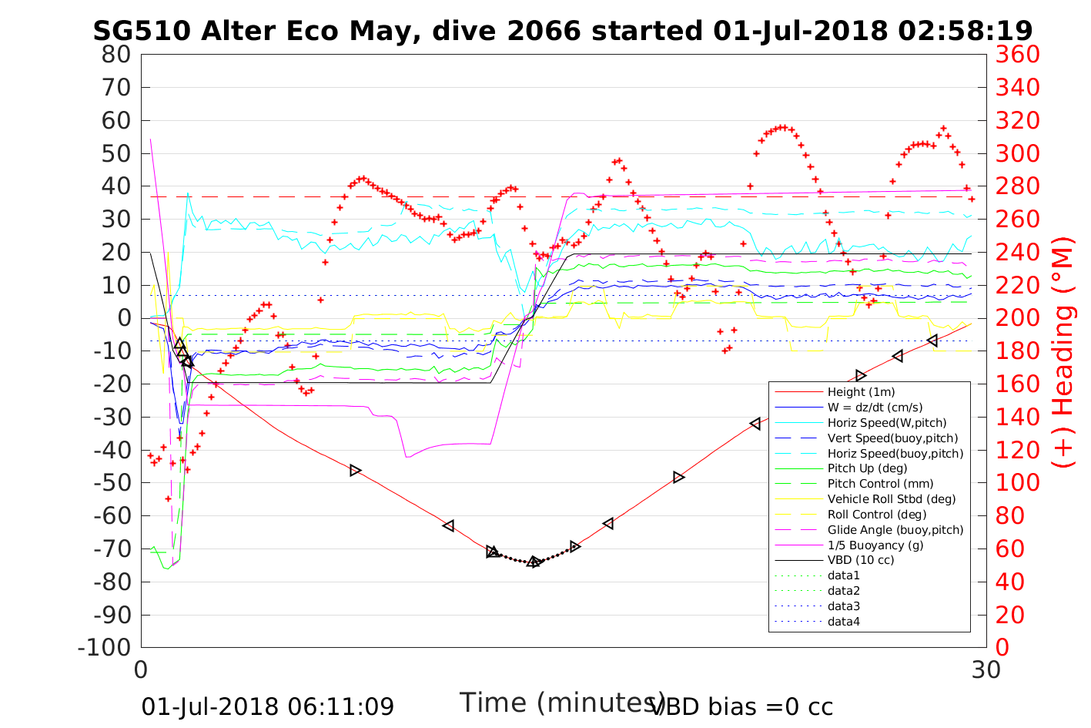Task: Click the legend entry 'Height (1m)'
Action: (x=861, y=392)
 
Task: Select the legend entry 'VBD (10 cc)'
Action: (x=861, y=560)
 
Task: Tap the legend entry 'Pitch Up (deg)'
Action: (x=867, y=468)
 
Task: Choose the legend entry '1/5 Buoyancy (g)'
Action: (x=875, y=545)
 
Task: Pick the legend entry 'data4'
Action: (x=844, y=621)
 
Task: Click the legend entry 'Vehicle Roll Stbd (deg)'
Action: (x=892, y=499)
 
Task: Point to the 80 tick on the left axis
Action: (x=116, y=55)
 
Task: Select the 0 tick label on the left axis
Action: (x=123, y=318)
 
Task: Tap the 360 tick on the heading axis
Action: (x=1018, y=55)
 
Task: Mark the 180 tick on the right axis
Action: (x=1018, y=351)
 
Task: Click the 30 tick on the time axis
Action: (x=986, y=670)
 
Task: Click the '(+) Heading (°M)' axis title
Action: (x=1063, y=351)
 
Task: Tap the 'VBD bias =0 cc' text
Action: (x=741, y=706)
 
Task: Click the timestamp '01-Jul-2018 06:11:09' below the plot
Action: (x=267, y=706)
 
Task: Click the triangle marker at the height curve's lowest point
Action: (x=534, y=562)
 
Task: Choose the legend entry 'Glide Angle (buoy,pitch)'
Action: (x=895, y=529)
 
